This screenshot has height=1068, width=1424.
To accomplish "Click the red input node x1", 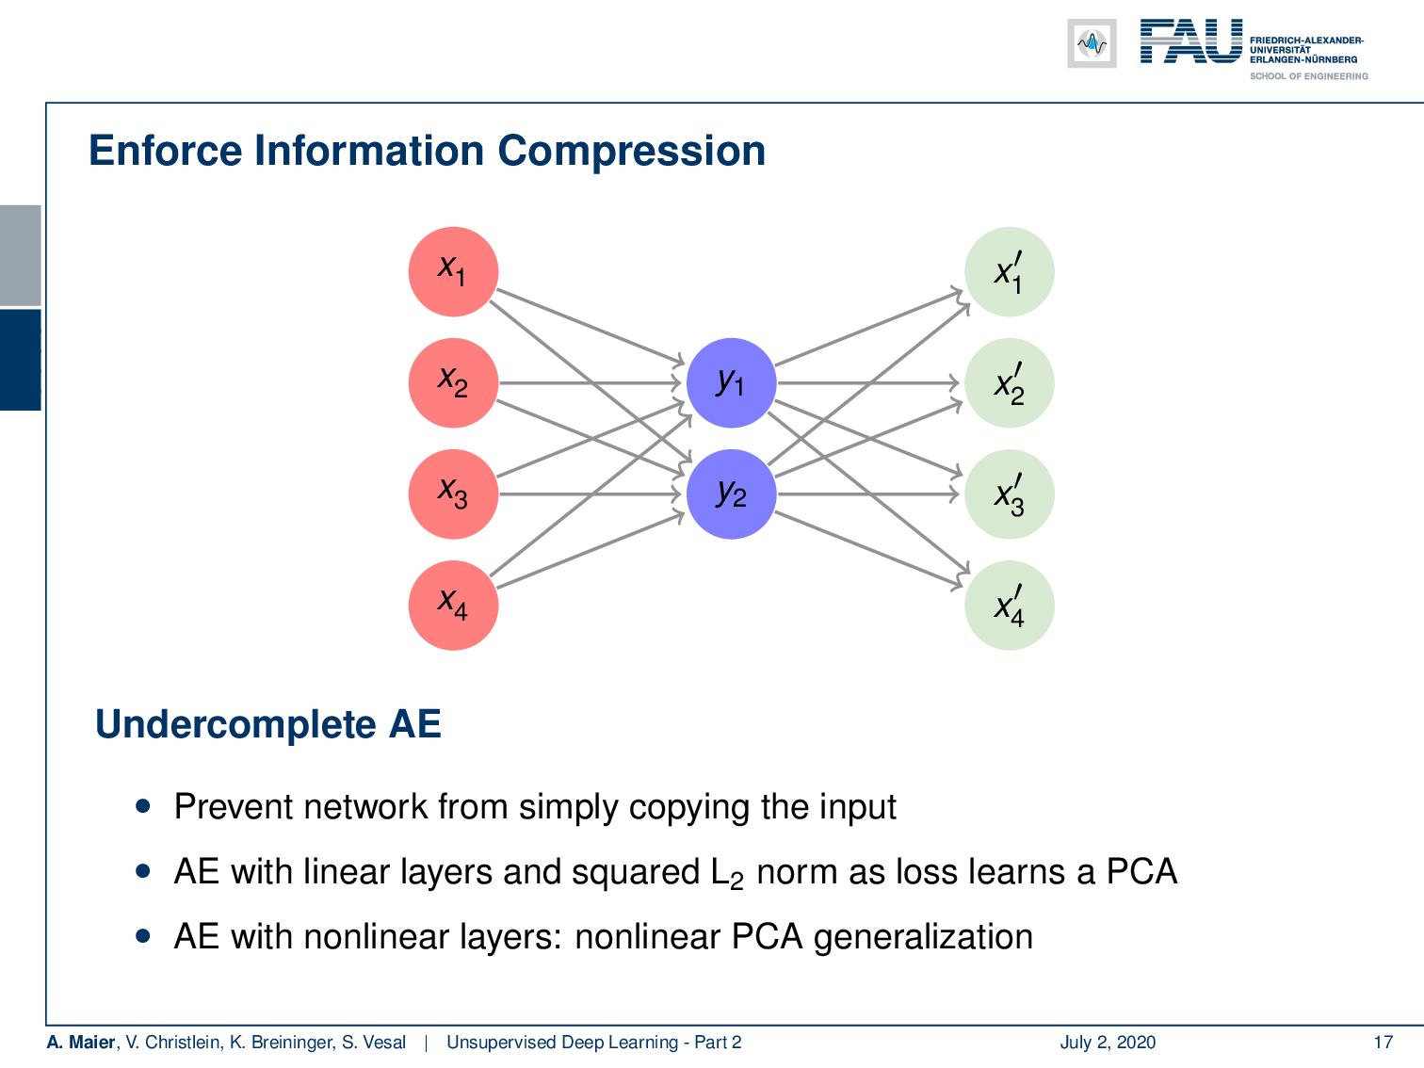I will click(x=452, y=271).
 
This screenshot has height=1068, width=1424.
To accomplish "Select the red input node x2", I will click(x=452, y=382).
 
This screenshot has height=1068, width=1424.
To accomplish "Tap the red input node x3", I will click(x=452, y=494).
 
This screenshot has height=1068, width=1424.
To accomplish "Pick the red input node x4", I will click(x=452, y=605).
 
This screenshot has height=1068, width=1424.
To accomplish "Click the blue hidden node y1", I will click(x=731, y=382).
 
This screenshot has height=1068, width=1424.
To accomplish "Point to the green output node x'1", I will click(x=1009, y=271).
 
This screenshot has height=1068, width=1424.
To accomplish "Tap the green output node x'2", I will click(x=1009, y=382).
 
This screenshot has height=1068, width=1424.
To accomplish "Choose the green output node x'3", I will click(x=1009, y=494).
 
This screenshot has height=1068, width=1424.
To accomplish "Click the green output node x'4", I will click(x=1009, y=605).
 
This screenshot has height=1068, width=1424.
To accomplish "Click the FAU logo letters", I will click(x=1190, y=42).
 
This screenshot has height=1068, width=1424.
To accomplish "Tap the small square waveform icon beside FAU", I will click(x=1092, y=43).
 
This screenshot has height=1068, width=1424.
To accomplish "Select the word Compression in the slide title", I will click(x=631, y=152).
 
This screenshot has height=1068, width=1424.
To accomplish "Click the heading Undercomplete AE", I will click(x=268, y=724).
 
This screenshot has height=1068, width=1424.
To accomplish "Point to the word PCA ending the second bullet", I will click(x=1141, y=871).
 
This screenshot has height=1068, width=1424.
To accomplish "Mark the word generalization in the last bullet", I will click(x=923, y=936).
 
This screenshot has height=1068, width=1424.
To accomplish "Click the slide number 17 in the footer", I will click(x=1383, y=1042).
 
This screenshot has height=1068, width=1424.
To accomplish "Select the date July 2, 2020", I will click(x=1108, y=1042).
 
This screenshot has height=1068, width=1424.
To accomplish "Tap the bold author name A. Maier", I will click(x=81, y=1042).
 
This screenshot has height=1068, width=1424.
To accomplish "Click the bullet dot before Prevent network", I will click(x=143, y=807).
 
